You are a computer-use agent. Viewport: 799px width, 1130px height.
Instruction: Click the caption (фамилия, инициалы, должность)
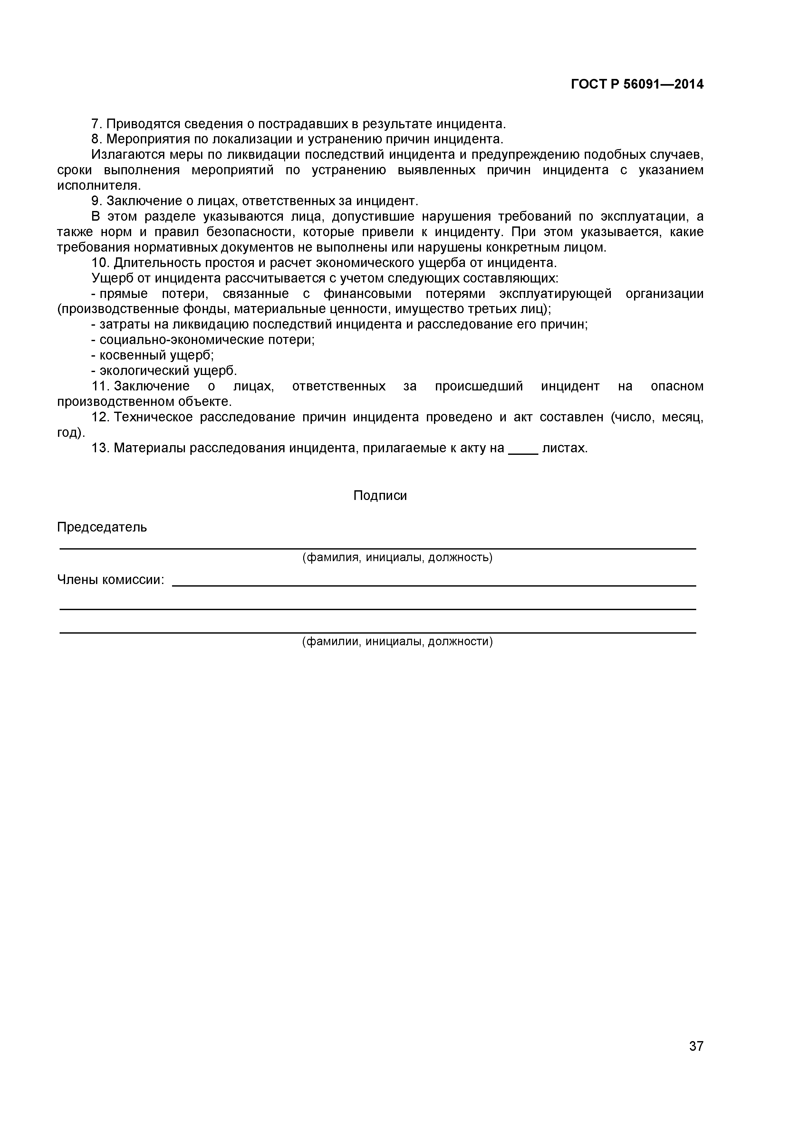tap(397, 557)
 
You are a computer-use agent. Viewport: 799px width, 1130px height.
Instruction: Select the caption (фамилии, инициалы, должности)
tap(397, 641)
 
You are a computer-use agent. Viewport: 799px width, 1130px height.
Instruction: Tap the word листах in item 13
tap(565, 448)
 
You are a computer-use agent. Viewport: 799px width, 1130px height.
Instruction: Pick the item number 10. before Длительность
tap(101, 263)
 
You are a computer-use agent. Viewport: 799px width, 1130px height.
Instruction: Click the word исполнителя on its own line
tap(99, 186)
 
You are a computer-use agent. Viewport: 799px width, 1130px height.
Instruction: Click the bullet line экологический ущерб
tap(164, 370)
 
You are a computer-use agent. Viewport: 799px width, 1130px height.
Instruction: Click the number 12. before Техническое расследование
tap(101, 417)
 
